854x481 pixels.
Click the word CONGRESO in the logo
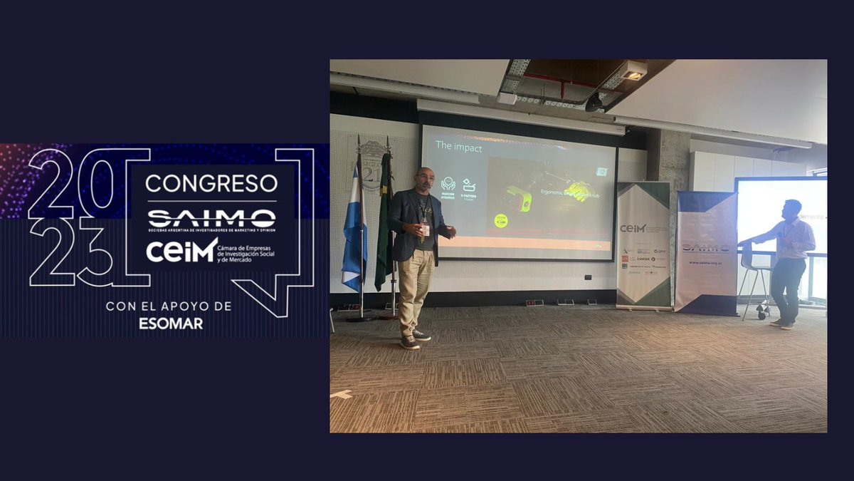[211, 183]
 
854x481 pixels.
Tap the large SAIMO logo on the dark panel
[211, 218]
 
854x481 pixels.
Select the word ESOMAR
[170, 323]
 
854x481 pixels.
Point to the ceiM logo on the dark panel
[181, 250]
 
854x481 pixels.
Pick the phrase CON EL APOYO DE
[169, 306]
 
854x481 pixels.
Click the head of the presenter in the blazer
[424, 182]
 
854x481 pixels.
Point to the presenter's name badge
[426, 230]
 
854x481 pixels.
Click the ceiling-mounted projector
[631, 71]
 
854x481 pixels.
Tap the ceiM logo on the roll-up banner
[633, 228]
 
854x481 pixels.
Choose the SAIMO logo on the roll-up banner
[706, 247]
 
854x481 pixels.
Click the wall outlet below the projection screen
[587, 277]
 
